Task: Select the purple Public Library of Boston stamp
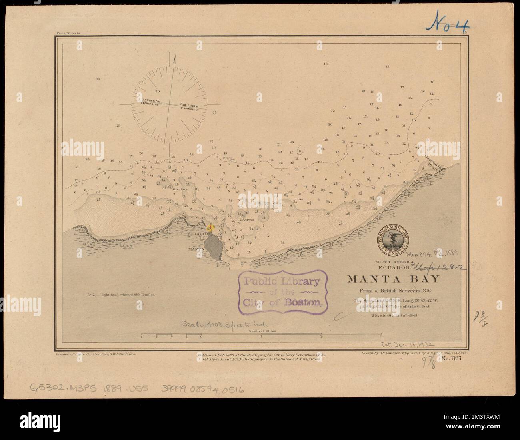[282, 291]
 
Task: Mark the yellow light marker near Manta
[210, 228]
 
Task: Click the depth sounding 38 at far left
[97, 79]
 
